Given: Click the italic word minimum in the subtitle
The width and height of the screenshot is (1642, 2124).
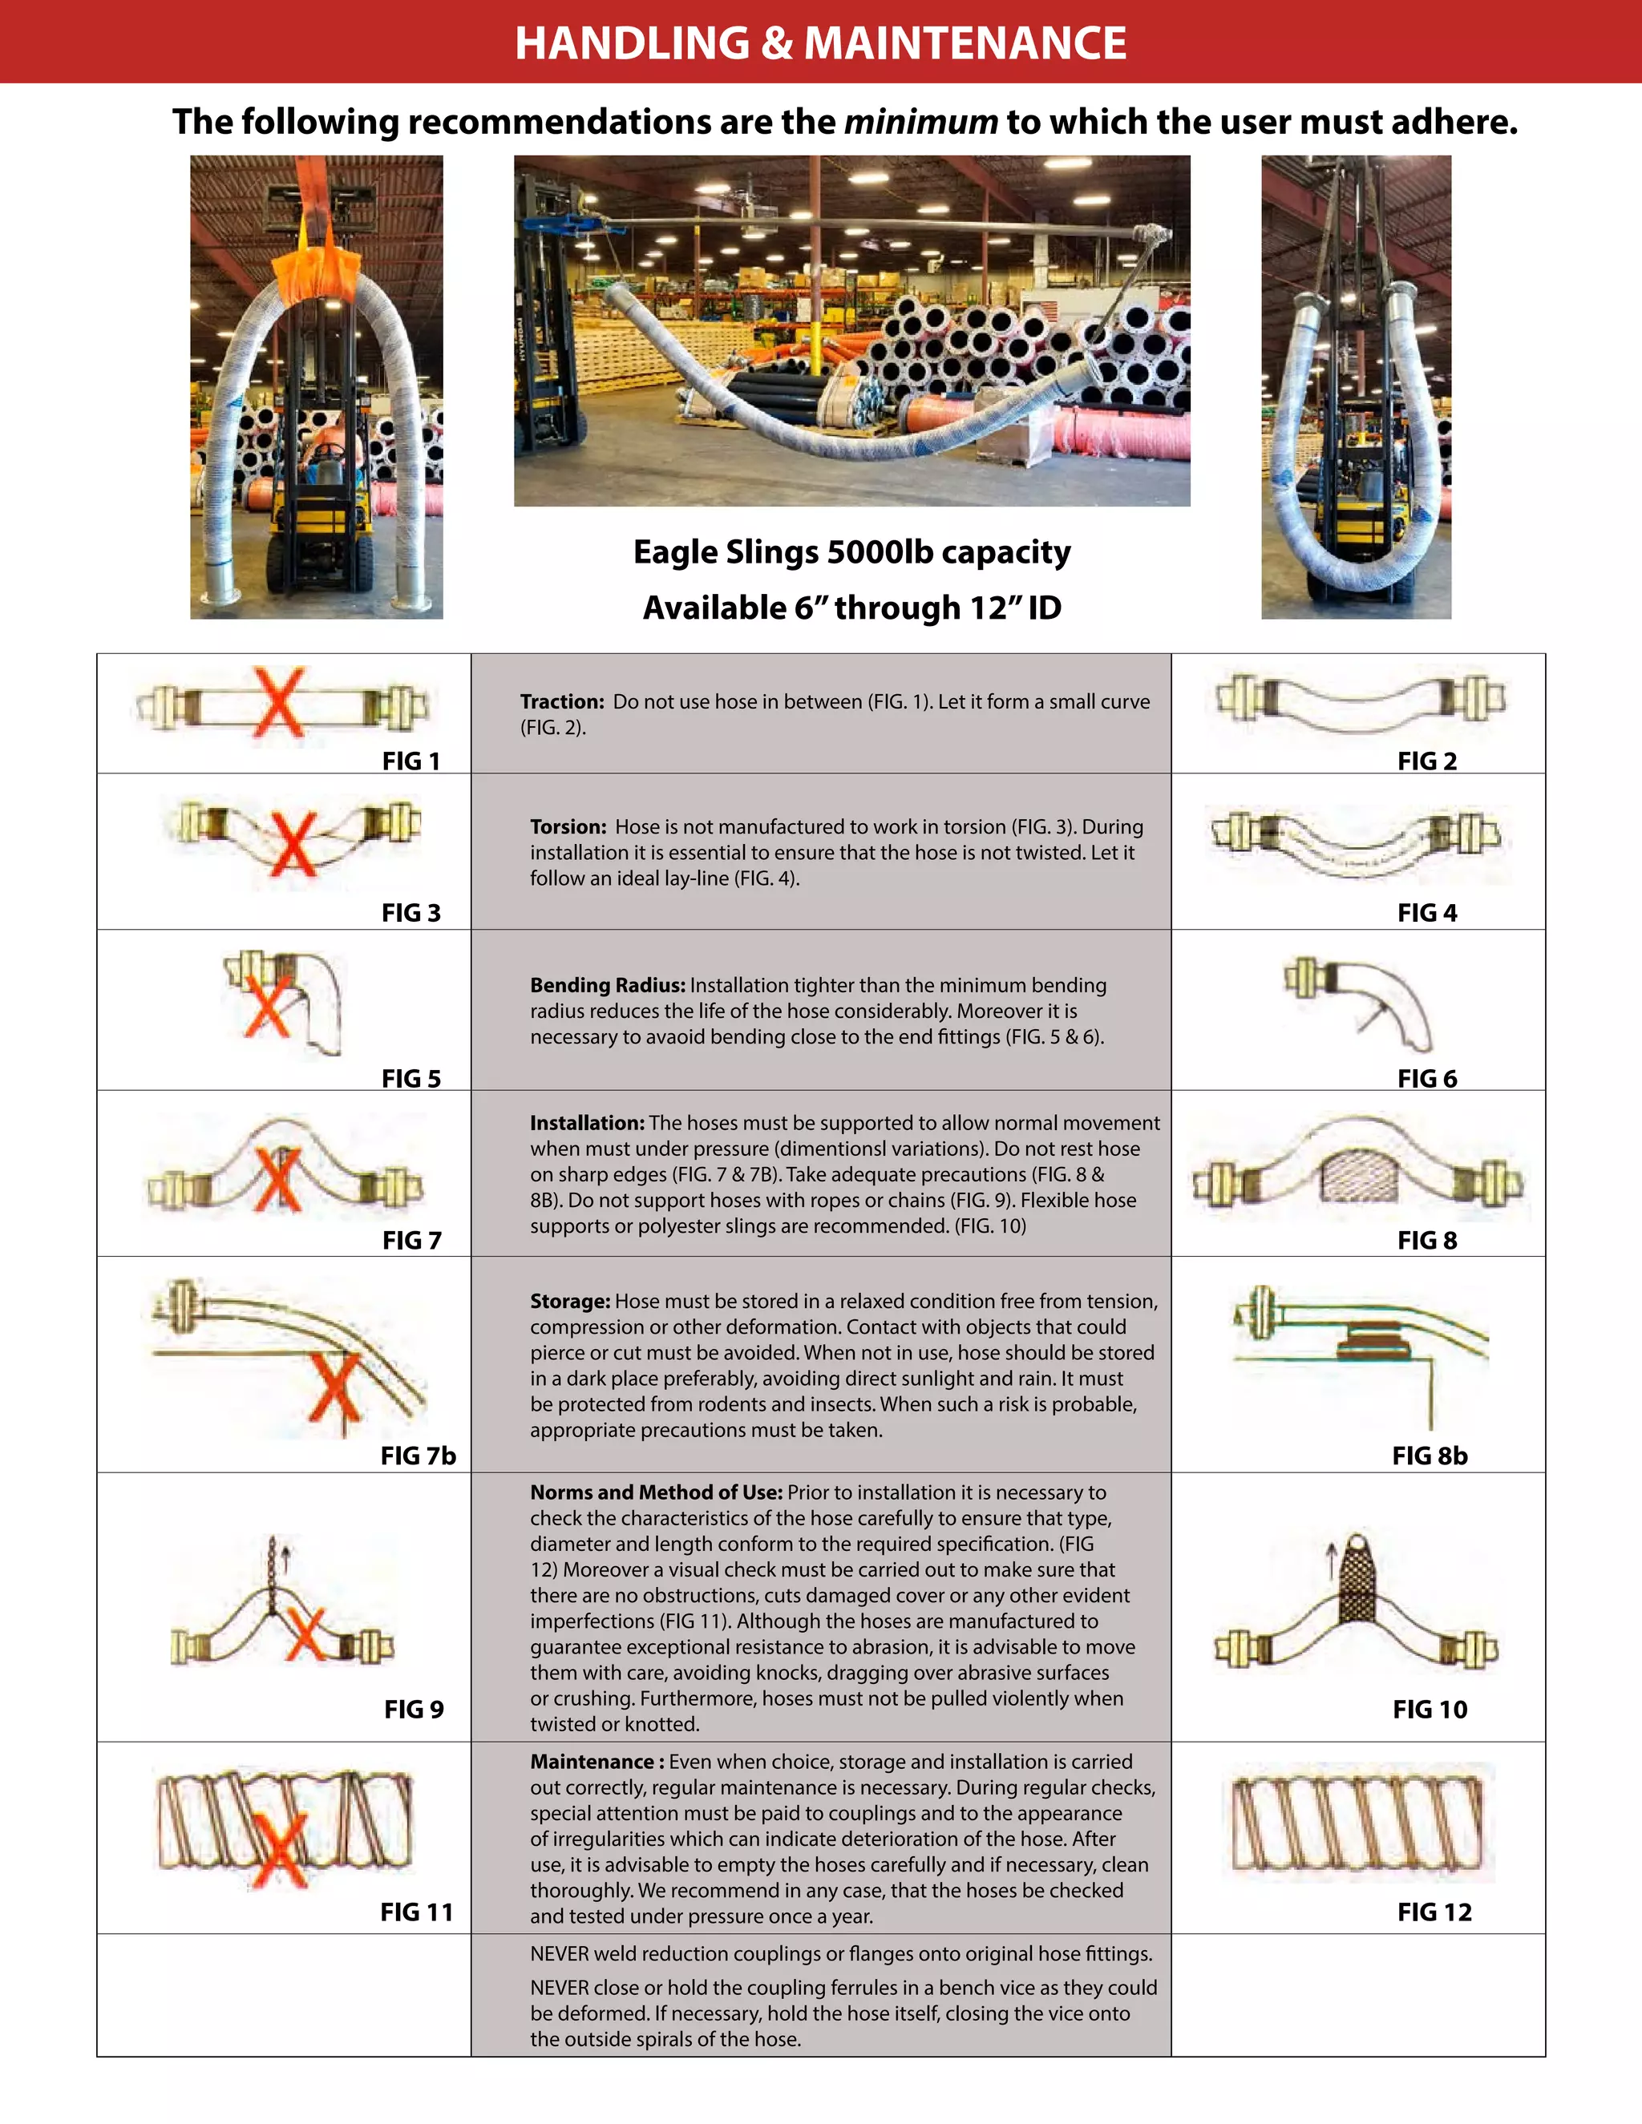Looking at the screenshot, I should (x=920, y=123).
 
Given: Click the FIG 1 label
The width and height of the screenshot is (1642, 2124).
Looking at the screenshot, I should (x=410, y=761).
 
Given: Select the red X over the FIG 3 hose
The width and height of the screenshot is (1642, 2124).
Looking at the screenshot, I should (x=293, y=843).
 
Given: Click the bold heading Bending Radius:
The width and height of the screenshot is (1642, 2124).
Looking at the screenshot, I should (x=607, y=985).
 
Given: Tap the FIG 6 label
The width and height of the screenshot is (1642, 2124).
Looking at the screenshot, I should (x=1426, y=1079).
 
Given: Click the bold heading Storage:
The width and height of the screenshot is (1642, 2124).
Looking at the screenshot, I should (x=570, y=1301).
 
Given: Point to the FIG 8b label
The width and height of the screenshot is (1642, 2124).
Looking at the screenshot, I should (x=1429, y=1455).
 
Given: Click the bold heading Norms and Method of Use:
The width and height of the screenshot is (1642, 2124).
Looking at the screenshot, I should (x=656, y=1492).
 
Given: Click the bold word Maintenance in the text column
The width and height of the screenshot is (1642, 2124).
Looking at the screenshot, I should (x=592, y=1761).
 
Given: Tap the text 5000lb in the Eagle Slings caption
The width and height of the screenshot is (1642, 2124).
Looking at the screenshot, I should (x=880, y=552).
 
